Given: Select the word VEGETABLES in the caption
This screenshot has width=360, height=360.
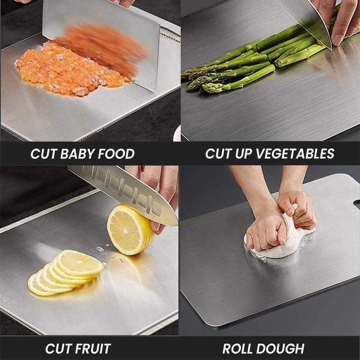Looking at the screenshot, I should (294, 154).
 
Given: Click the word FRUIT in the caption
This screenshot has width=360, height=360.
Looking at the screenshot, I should (92, 348).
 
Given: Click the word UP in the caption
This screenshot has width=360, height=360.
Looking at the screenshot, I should (243, 154).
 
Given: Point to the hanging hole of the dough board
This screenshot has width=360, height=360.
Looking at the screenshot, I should (357, 204).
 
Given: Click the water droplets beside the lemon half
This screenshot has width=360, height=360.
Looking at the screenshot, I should (101, 249).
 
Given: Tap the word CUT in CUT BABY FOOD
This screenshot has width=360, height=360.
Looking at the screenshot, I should (44, 154).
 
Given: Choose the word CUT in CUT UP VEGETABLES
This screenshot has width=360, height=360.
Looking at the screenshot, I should (219, 154).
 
